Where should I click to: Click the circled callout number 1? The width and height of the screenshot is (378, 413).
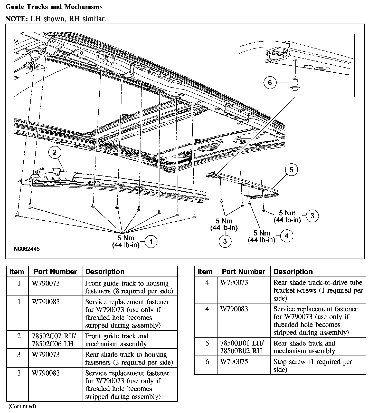[x=151, y=242]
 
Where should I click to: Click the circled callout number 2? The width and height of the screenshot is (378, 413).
[x=55, y=152]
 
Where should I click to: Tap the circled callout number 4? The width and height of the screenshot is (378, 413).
[x=286, y=236]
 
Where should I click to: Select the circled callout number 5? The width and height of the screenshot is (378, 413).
[x=291, y=170]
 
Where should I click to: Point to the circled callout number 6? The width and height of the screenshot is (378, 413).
[x=270, y=83]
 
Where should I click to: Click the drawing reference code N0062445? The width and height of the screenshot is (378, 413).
[x=27, y=249]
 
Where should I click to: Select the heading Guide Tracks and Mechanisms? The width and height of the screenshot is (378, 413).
[x=54, y=7]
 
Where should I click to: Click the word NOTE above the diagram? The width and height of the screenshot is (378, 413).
[x=16, y=19]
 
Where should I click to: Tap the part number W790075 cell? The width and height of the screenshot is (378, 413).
[x=234, y=362]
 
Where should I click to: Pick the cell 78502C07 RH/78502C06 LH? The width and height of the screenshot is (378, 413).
[x=54, y=340]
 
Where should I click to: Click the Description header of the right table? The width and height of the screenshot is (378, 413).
[x=293, y=272]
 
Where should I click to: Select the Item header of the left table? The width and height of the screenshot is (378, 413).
[x=17, y=272]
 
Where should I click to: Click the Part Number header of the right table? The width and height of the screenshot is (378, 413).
[x=243, y=272]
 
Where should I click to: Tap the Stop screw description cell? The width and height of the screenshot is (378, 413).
[x=313, y=366]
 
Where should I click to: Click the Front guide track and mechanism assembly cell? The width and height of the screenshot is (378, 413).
[x=117, y=340]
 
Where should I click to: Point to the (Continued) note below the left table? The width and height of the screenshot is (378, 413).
[x=22, y=406]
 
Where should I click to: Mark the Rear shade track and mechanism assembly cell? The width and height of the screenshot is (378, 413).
[x=304, y=347]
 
